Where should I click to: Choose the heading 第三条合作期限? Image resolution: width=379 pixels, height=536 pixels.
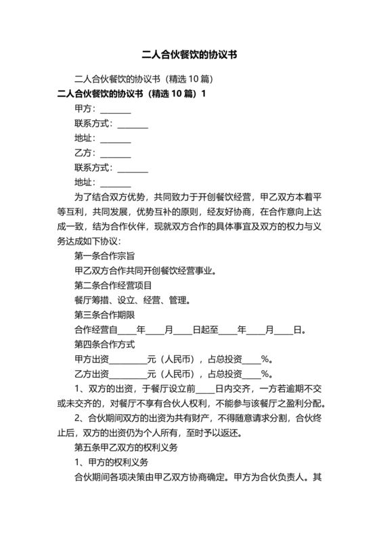pyautogui.click(x=104, y=315)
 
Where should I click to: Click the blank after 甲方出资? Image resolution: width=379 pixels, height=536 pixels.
pyautogui.click(x=129, y=359)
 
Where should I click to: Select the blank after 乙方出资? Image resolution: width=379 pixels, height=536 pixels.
pyautogui.click(x=129, y=374)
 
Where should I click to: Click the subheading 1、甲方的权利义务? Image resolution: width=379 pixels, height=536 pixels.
pyautogui.click(x=108, y=464)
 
